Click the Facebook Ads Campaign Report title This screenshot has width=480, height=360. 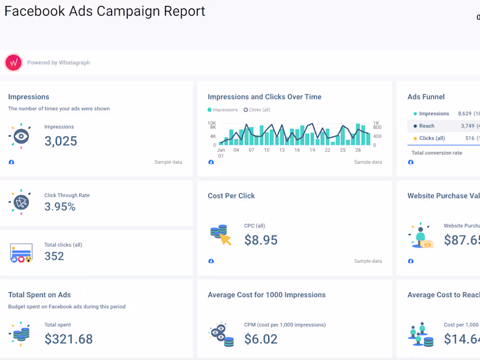(105, 11)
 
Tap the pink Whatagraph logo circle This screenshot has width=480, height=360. (13, 62)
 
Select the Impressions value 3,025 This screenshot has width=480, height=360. (61, 141)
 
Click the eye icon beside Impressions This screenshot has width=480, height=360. (20, 136)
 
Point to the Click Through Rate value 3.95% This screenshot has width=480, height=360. (60, 207)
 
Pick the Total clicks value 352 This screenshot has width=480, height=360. (54, 256)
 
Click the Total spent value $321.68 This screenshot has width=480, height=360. (68, 339)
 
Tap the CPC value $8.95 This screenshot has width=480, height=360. (260, 240)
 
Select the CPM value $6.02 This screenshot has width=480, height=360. (260, 339)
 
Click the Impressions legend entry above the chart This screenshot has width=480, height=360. (223, 110)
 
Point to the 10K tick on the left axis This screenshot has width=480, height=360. (212, 122)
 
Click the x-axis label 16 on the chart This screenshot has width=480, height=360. (297, 150)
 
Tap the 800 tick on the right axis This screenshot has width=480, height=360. (377, 127)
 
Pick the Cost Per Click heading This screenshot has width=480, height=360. (231, 196)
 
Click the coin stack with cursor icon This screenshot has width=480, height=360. (220, 235)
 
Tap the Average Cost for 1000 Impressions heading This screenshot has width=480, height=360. (266, 295)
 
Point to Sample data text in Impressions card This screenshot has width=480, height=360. (168, 162)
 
